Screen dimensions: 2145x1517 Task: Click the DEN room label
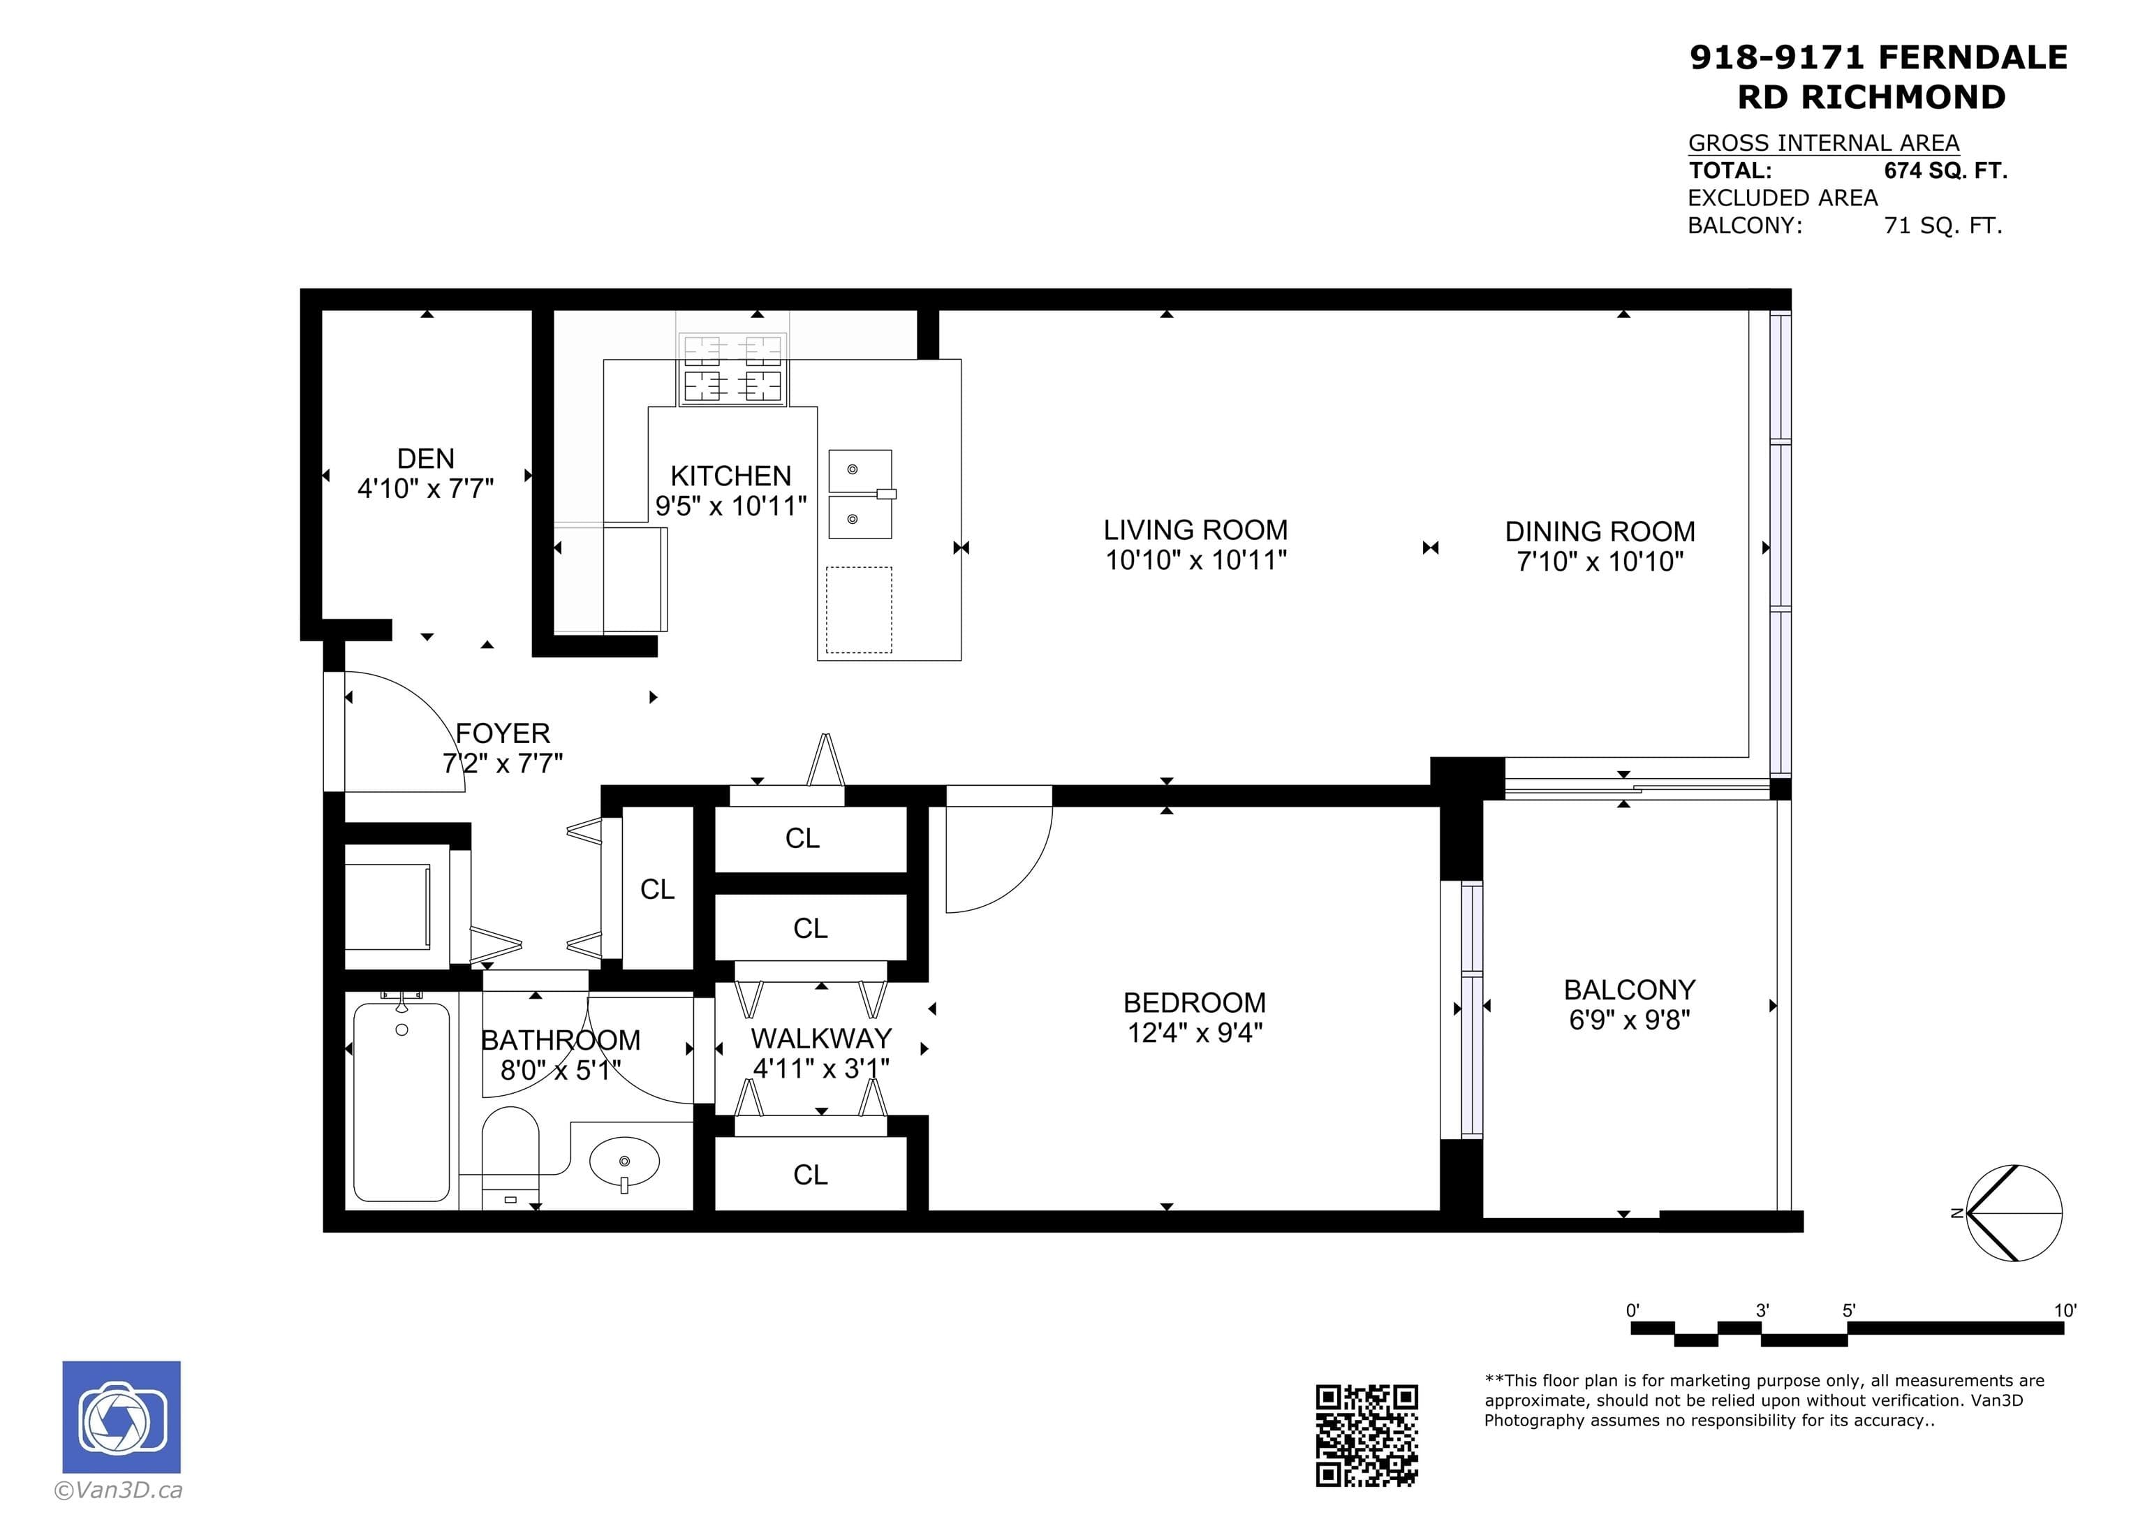click(426, 458)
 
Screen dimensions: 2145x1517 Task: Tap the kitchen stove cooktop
click(732, 369)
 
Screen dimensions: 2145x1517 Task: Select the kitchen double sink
click(860, 494)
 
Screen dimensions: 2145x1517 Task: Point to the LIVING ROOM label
click(1196, 530)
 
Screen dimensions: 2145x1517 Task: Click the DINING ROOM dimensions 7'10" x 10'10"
click(1600, 561)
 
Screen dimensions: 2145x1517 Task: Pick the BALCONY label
click(1630, 989)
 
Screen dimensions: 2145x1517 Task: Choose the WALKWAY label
click(821, 1039)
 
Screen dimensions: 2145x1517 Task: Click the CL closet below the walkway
click(810, 1175)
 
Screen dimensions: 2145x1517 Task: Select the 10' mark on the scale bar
click(2065, 1310)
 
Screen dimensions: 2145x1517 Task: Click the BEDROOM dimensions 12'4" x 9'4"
click(1195, 1033)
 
